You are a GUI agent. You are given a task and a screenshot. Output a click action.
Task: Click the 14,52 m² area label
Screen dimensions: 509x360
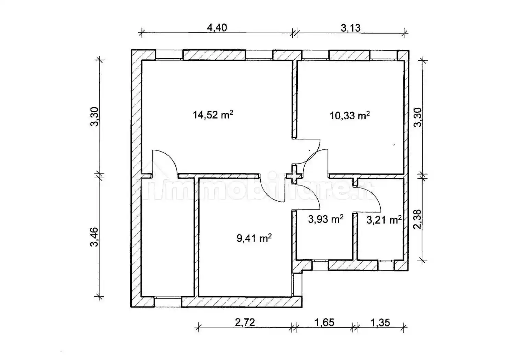click(x=213, y=115)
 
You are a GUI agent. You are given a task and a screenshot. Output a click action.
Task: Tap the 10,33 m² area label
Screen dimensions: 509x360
click(x=350, y=116)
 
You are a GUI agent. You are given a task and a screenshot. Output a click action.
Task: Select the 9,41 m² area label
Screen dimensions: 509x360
click(x=254, y=238)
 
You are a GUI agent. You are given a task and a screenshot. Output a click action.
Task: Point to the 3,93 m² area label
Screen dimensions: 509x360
click(x=325, y=219)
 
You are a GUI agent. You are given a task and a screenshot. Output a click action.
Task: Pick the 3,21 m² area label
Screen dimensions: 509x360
click(x=384, y=220)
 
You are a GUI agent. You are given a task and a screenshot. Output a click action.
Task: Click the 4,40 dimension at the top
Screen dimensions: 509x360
click(x=217, y=28)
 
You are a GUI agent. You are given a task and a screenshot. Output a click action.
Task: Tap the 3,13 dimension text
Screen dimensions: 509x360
click(x=351, y=28)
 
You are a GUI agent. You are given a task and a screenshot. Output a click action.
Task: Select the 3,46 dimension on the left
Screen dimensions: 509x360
click(x=94, y=237)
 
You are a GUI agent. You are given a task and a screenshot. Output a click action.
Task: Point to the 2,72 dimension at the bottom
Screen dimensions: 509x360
click(x=245, y=322)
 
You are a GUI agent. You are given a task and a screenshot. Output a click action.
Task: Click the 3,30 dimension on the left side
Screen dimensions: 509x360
click(x=94, y=117)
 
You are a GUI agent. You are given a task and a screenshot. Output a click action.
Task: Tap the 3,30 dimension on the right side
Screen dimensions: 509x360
click(x=418, y=117)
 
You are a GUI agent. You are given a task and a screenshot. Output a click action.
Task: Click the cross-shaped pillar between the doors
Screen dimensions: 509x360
click(x=294, y=175)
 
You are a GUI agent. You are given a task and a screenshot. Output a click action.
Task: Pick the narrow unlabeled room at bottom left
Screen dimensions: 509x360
click(x=167, y=237)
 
